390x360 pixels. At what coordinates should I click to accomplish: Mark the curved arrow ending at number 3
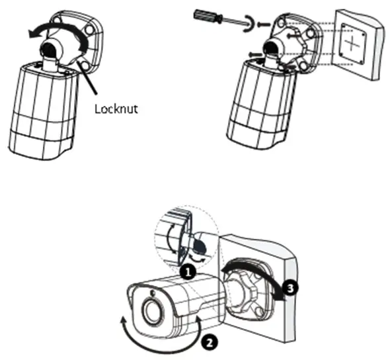(254, 268)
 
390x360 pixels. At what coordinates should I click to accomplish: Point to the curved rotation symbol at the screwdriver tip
(248, 25)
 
